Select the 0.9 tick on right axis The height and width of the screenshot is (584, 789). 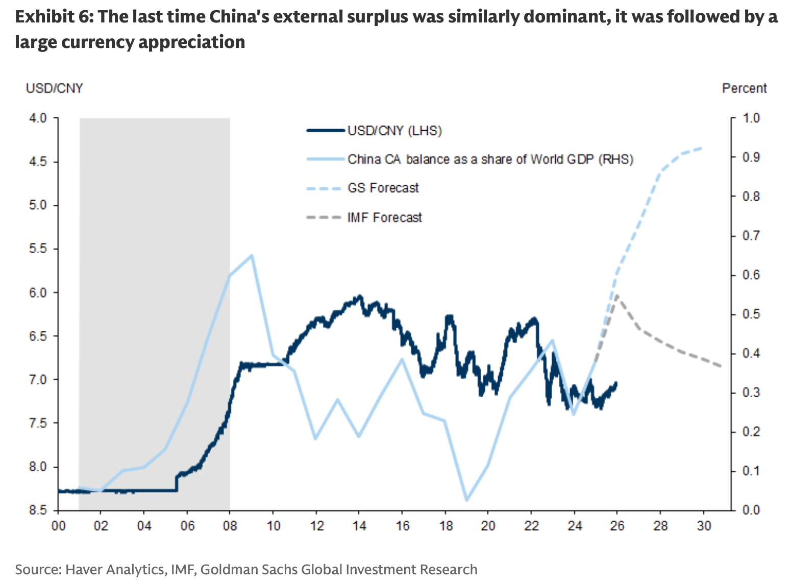pos(751,157)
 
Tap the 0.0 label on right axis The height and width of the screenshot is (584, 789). pos(751,510)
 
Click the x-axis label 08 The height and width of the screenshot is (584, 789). pos(230,526)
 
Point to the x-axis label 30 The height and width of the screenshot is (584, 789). pos(704,526)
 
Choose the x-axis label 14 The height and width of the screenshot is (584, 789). pos(359,526)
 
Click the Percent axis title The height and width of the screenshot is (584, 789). pos(744,88)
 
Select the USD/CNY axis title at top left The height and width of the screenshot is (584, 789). pos(54,88)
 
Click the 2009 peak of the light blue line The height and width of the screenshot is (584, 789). pos(252,255)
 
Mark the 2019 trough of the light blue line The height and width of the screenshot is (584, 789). pos(466,500)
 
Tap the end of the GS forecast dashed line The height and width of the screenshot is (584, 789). pos(703,148)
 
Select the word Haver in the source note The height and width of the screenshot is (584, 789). pos(84,569)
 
